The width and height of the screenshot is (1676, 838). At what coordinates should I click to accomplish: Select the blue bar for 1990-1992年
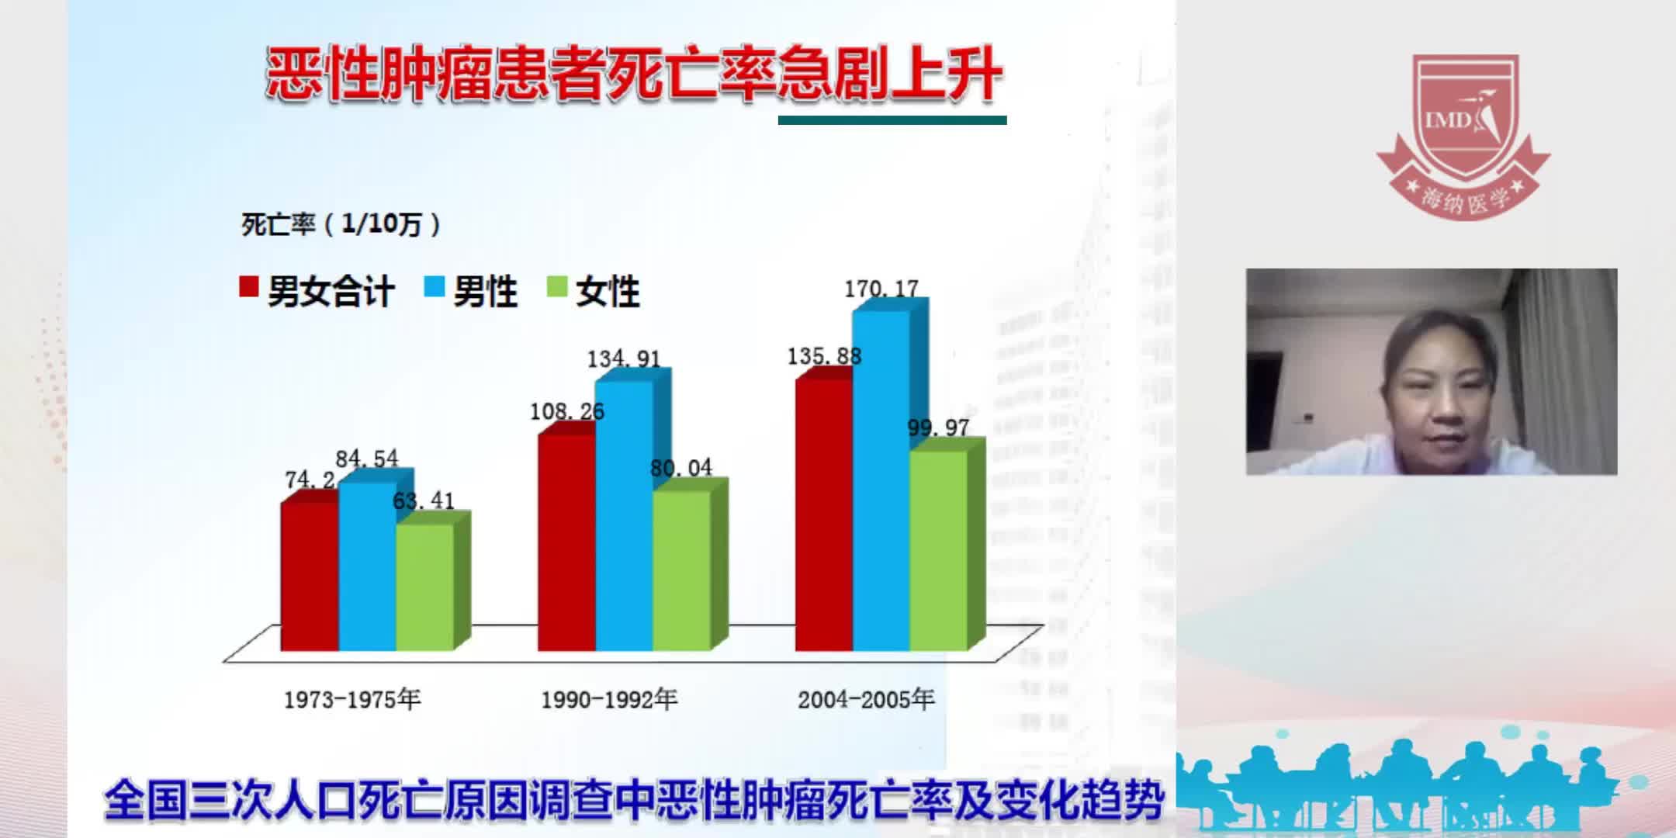(624, 516)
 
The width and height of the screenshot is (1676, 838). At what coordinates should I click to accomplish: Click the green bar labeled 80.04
(681, 570)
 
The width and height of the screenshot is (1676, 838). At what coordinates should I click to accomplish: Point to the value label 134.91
(623, 359)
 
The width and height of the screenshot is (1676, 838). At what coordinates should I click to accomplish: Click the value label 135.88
(824, 356)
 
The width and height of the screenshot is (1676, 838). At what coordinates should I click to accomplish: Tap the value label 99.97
(938, 428)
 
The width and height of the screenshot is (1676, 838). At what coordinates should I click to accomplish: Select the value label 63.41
(423, 500)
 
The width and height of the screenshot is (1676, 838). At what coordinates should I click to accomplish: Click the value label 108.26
(566, 411)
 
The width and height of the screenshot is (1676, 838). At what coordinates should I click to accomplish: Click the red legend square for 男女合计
(248, 287)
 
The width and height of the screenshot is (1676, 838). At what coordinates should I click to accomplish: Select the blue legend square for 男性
(434, 287)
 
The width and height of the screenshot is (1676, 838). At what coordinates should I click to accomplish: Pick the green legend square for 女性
(557, 287)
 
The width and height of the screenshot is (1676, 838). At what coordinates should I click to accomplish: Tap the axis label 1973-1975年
(351, 700)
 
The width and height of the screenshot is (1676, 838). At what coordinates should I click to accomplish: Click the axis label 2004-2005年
(866, 700)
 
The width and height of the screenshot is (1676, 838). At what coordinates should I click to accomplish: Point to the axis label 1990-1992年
(609, 700)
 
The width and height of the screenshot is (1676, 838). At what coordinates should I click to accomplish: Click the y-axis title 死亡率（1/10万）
(341, 224)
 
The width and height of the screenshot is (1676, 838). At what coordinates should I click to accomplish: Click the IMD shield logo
(1463, 132)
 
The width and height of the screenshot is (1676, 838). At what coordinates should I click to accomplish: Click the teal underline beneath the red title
(892, 120)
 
